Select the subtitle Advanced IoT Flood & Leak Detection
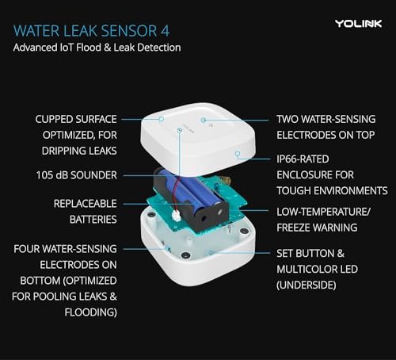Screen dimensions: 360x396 coord(97,48)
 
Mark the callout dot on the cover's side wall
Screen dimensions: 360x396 coord(237,155)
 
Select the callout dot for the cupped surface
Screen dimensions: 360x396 coord(162,119)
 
